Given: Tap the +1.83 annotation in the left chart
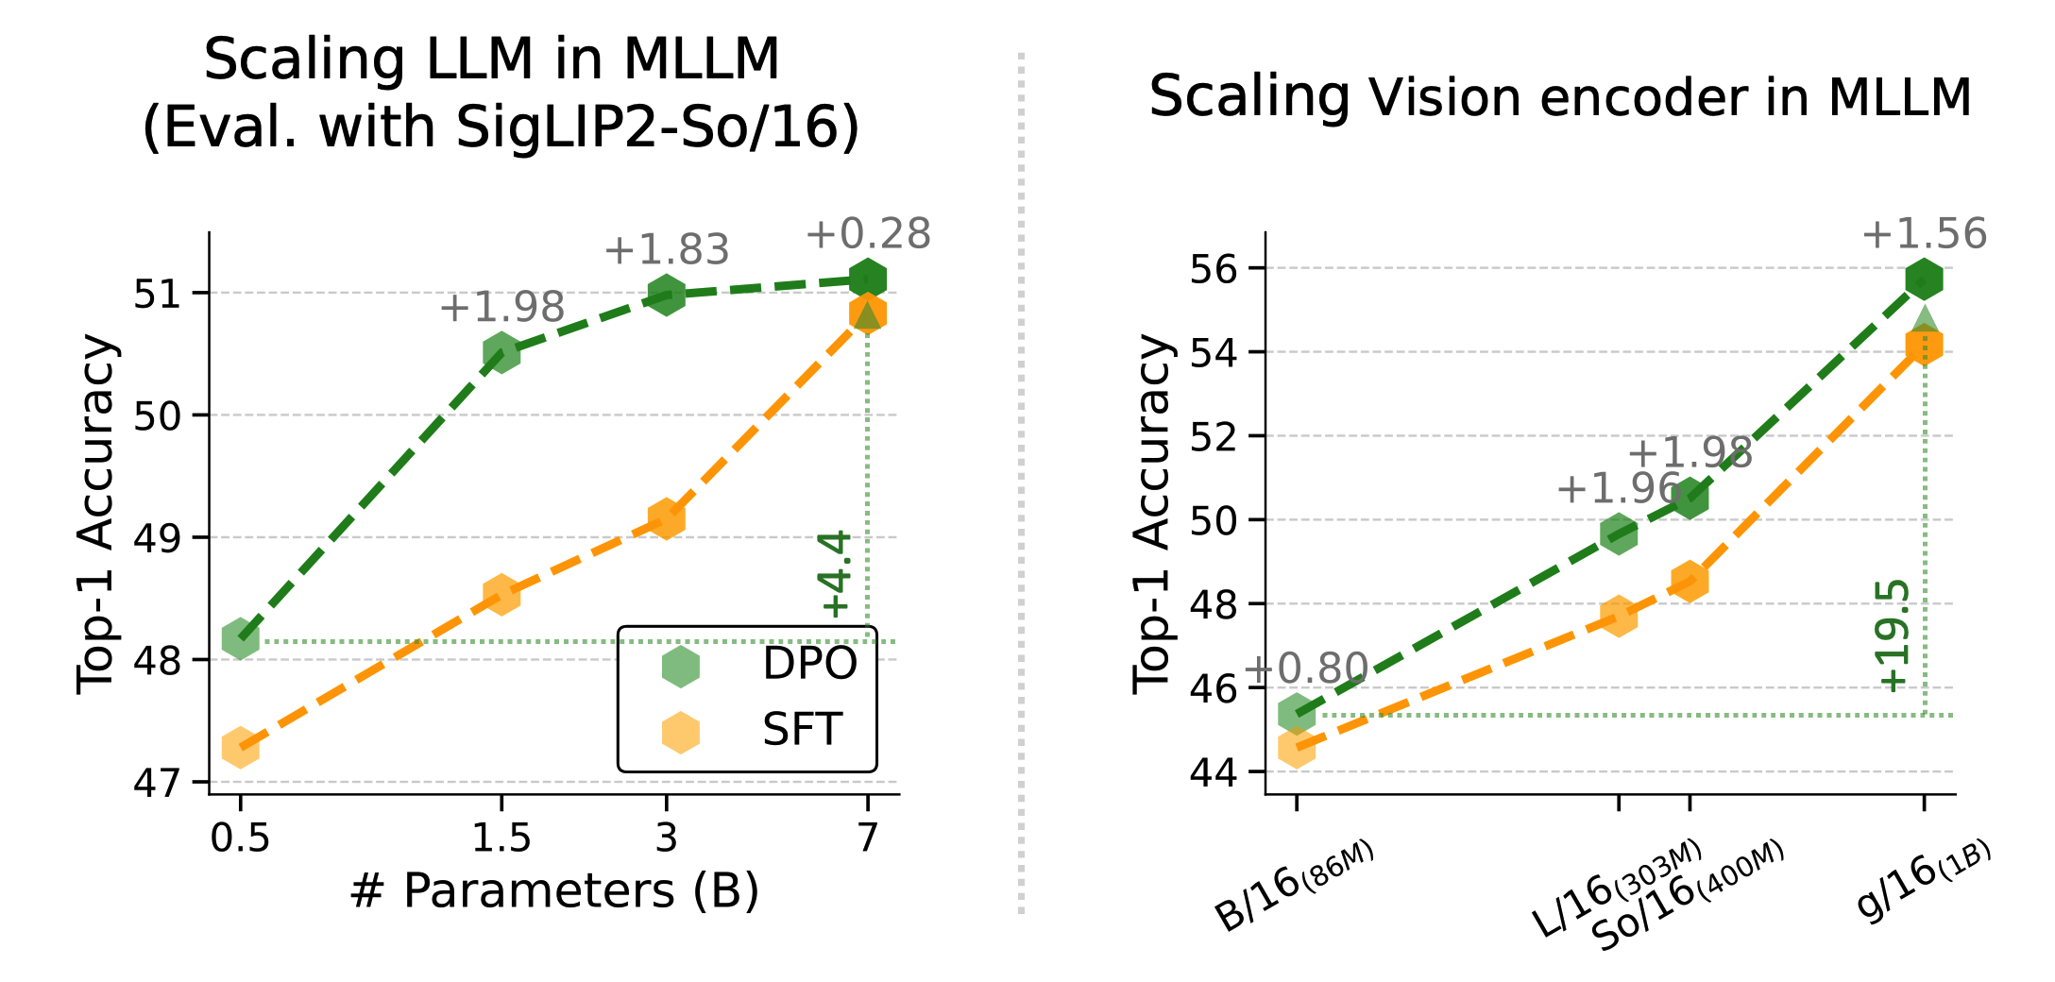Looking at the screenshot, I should [667, 250].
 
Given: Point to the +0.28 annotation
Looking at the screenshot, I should [868, 234].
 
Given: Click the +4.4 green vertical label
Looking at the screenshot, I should [838, 573].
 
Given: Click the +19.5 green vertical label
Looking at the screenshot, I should [1894, 636].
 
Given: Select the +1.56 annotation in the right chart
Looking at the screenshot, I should [1924, 234].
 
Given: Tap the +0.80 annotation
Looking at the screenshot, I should [1306, 669].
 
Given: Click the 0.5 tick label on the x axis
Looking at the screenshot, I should [240, 838].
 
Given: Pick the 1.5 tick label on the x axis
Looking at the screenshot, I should [501, 838].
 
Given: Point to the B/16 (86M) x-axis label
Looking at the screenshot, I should [1293, 885].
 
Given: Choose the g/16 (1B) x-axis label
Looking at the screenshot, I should [1923, 878].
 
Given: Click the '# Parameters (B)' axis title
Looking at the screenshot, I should [554, 891].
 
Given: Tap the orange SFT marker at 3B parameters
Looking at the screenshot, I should [666, 518].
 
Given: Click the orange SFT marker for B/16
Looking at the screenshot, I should [1297, 748].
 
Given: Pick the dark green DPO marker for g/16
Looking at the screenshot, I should [1924, 279].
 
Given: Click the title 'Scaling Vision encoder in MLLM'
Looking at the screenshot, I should [1560, 97].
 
